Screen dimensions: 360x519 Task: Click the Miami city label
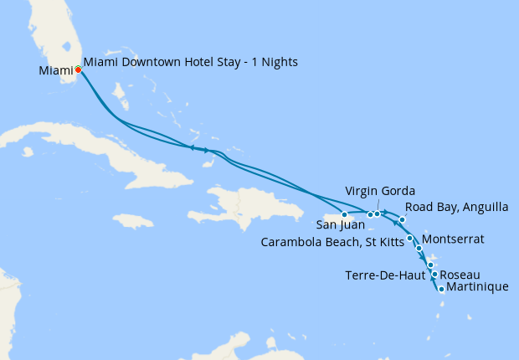tap(54, 71)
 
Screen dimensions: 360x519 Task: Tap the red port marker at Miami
tap(78, 69)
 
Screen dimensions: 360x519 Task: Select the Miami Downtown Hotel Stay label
tap(191, 62)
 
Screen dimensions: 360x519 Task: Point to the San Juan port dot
tap(344, 215)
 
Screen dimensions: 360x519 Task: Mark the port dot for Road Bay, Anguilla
tap(403, 219)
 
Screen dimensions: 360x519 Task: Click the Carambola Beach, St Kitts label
tap(332, 243)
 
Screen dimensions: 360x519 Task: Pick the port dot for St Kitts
tap(409, 239)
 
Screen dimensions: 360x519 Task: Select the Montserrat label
tap(453, 239)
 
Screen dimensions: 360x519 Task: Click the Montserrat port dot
tap(419, 249)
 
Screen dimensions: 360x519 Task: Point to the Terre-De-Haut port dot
tap(430, 265)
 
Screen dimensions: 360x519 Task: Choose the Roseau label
tap(460, 275)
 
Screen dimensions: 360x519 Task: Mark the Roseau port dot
tap(434, 275)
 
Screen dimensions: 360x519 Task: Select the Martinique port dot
tap(441, 290)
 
